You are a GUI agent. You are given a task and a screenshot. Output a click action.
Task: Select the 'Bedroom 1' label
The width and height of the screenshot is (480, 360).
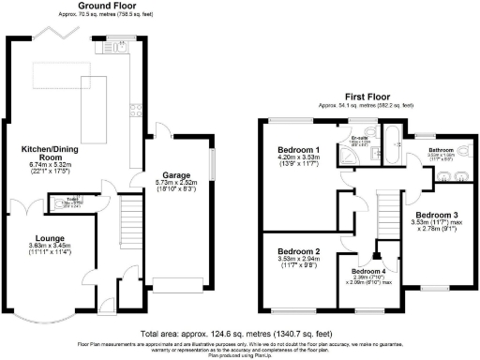tap(298, 150)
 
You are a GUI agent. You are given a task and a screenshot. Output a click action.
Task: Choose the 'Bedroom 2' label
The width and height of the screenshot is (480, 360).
tap(298, 252)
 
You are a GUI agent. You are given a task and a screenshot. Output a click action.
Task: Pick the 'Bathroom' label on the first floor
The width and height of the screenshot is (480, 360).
tap(441, 150)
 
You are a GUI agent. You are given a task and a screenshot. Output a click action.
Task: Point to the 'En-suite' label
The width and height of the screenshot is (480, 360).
tap(358, 139)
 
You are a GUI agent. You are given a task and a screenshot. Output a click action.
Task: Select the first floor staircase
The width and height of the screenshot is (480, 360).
tap(383, 216)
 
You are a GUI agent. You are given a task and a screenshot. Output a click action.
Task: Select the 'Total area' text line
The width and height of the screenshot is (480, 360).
tap(239, 334)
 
